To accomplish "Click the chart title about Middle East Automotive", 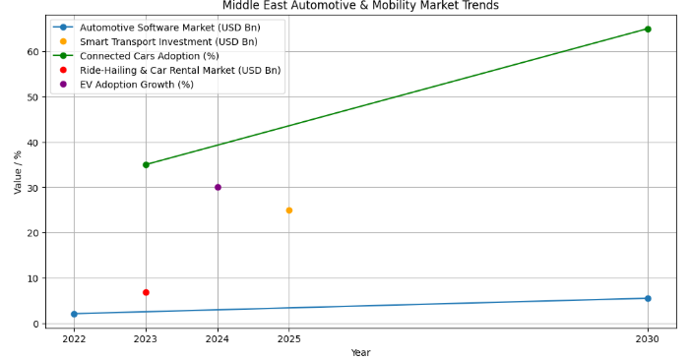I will point(360,6).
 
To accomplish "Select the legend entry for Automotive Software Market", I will point(168,27).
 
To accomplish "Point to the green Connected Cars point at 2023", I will point(146,164).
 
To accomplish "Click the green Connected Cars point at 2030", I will point(648,29).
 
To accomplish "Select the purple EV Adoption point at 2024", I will point(218,187).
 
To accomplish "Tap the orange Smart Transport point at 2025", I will point(289,210).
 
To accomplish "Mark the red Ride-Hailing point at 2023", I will point(146,292).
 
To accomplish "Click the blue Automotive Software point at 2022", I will point(74,314).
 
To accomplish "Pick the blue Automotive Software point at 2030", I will point(648,298).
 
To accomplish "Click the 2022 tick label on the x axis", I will point(74,338).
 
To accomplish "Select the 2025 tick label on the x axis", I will point(289,338).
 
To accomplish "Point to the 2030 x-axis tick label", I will point(648,338).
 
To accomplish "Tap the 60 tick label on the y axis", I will point(32,51).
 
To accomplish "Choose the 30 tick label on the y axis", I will point(32,188).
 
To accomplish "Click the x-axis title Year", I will point(360,352).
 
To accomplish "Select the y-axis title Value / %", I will point(17,173).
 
